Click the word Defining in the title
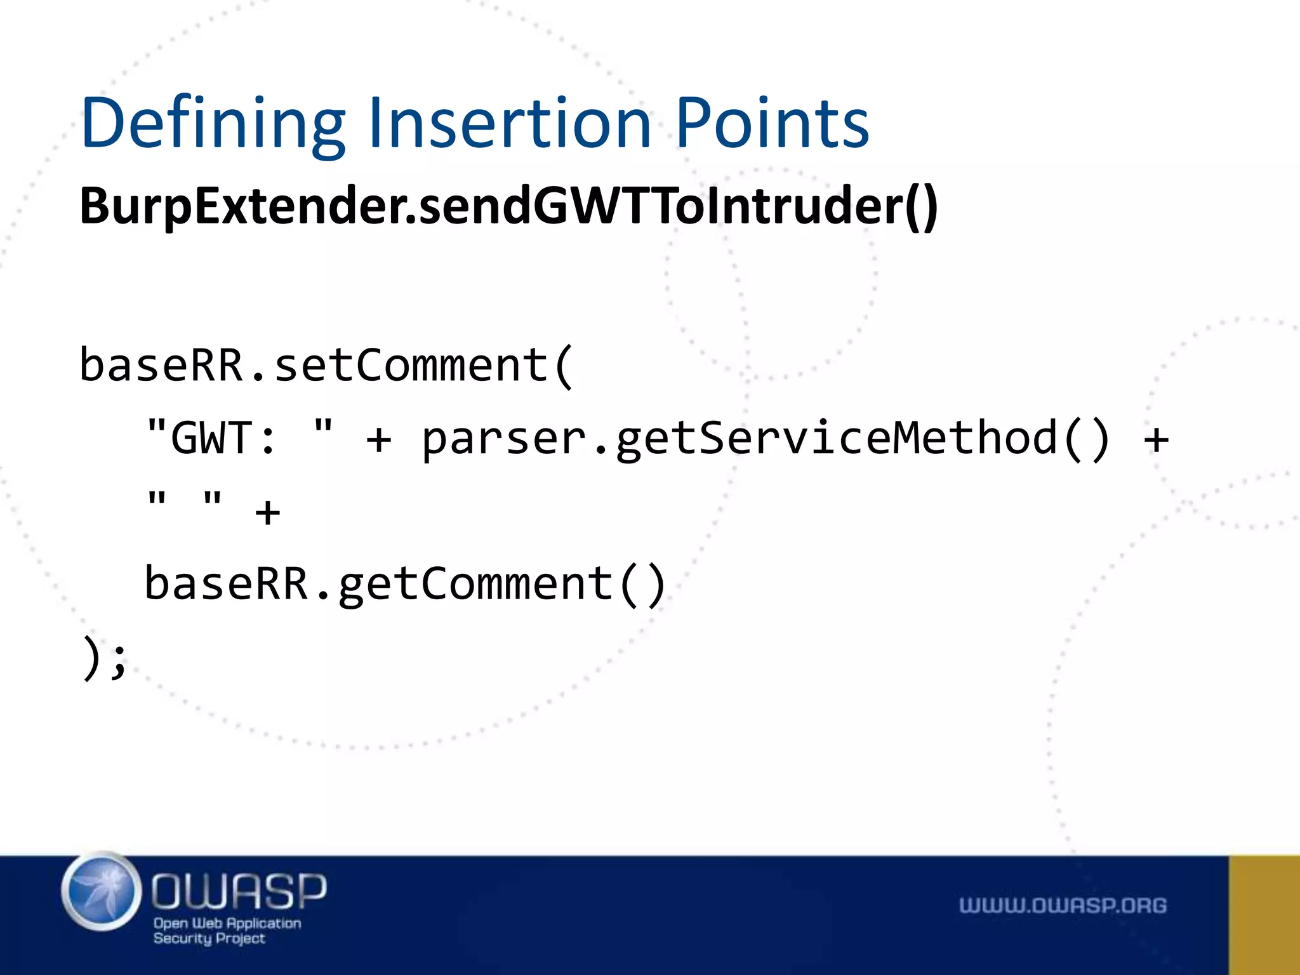(213, 124)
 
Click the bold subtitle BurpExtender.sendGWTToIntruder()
(508, 207)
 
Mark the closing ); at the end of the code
(105, 658)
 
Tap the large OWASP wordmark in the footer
(239, 890)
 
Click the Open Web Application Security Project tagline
(227, 931)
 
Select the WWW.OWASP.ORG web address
(1063, 905)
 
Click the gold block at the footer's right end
(1264, 915)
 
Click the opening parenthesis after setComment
(564, 366)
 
